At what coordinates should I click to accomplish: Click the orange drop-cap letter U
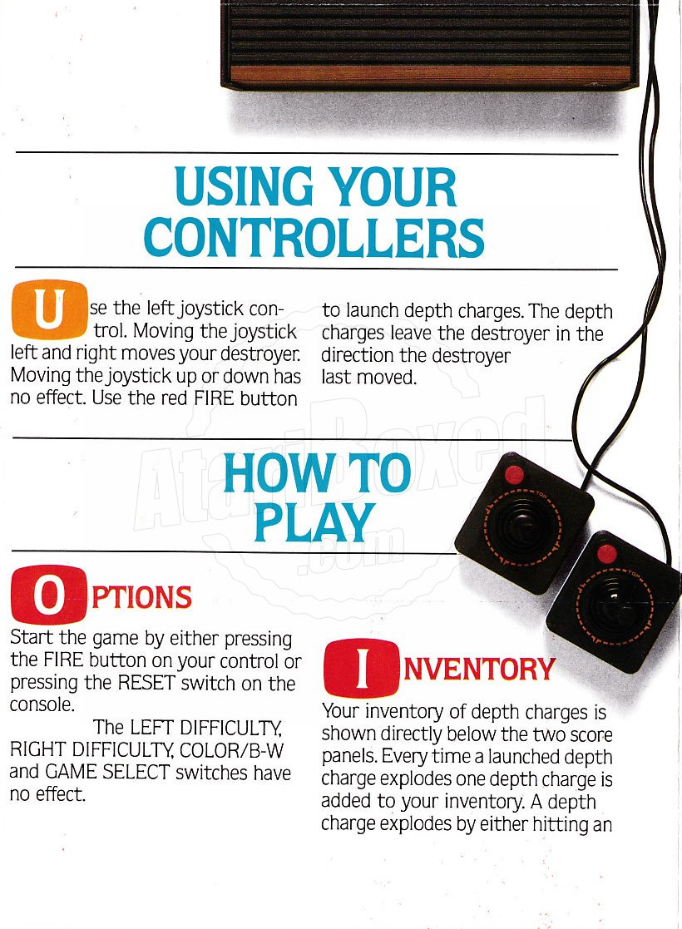(x=50, y=309)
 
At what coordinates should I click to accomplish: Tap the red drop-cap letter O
(x=48, y=595)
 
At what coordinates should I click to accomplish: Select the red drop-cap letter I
(x=362, y=668)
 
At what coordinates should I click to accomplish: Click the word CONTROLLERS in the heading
(x=314, y=238)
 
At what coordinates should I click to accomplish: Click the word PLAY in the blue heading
(x=314, y=522)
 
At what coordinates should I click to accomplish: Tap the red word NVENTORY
(x=479, y=670)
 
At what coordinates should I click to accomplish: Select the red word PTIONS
(x=142, y=597)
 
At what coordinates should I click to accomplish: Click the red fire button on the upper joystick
(x=514, y=475)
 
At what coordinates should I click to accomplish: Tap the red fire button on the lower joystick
(x=607, y=553)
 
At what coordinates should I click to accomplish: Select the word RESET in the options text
(x=146, y=683)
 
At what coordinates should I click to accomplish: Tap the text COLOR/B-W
(x=232, y=751)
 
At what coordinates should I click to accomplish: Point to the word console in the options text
(x=42, y=705)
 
